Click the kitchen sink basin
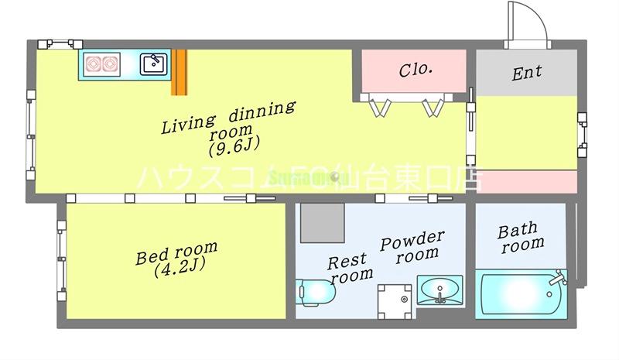[x=153, y=63]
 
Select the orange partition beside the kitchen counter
[x=180, y=73]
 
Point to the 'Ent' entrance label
[x=526, y=73]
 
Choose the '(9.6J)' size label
[x=233, y=145]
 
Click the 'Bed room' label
[x=176, y=254]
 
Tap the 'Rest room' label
[x=350, y=267]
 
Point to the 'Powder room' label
[x=412, y=245]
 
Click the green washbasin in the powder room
[x=439, y=291]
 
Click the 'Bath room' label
[x=519, y=237]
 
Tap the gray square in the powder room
[x=323, y=222]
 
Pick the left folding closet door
[x=379, y=106]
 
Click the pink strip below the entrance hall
[x=525, y=181]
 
